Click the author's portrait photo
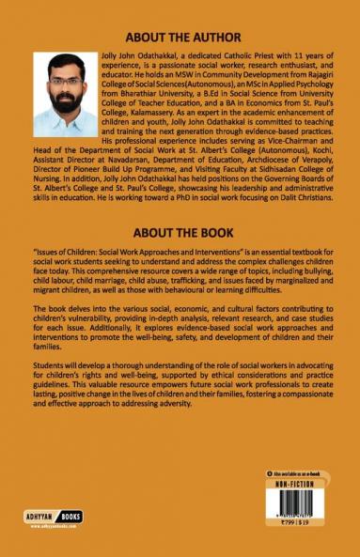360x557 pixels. coord(65,94)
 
